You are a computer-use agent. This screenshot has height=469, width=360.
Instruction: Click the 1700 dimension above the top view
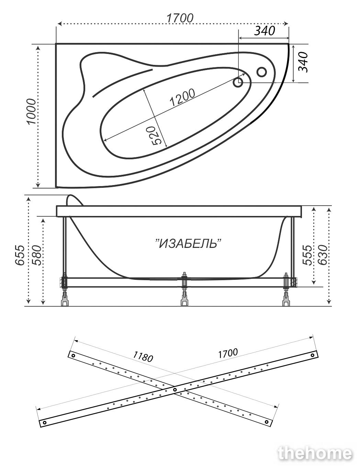pyautogui.click(x=180, y=18)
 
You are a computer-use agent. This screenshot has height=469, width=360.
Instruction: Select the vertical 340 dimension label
pyautogui.click(x=303, y=62)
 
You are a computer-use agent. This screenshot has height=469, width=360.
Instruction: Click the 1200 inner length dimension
pyautogui.click(x=182, y=98)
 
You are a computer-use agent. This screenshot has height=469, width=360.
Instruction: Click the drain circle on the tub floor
pyautogui.click(x=238, y=82)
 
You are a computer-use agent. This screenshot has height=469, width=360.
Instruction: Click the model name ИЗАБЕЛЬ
pyautogui.click(x=189, y=244)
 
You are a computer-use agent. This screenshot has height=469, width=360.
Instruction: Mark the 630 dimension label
pyautogui.click(x=323, y=255)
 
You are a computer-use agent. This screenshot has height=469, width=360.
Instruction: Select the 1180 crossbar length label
pyautogui.click(x=143, y=357)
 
